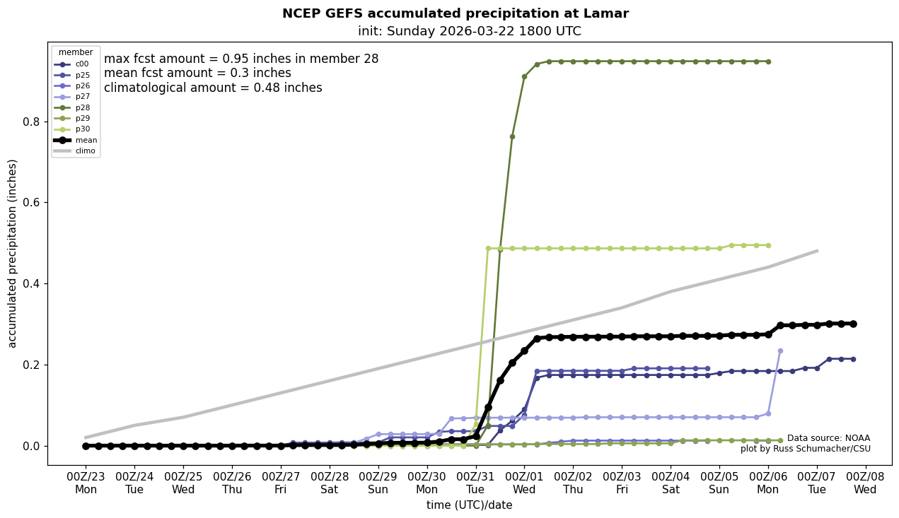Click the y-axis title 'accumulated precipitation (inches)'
tap(12, 253)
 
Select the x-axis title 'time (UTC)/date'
tap(469, 505)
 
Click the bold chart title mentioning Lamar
tap(455, 13)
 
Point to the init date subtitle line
tap(469, 31)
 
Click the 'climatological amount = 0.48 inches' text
tap(213, 88)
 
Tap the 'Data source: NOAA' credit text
tap(828, 438)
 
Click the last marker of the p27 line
tap(780, 351)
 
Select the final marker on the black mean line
tap(853, 324)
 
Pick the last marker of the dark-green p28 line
tap(768, 61)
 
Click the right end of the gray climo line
tap(817, 251)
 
